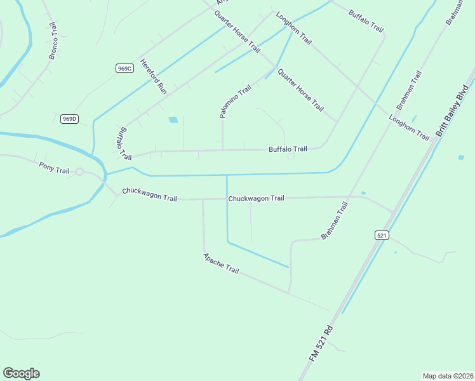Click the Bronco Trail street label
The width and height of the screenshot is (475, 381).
(53, 42)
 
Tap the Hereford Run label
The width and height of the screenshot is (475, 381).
(153, 77)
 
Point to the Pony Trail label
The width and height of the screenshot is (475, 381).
(54, 170)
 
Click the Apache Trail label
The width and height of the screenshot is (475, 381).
(220, 264)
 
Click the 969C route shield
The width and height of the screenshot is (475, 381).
(124, 68)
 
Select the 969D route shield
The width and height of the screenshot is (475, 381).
(69, 119)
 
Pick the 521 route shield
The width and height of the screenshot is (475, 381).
(381, 235)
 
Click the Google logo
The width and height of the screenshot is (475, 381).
(21, 373)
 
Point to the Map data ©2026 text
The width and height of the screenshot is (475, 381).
(447, 375)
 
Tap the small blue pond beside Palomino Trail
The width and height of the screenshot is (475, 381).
(173, 119)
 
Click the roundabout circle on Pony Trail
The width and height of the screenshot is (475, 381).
(80, 171)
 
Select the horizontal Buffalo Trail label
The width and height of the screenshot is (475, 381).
(288, 149)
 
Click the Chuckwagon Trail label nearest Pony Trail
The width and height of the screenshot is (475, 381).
(149, 194)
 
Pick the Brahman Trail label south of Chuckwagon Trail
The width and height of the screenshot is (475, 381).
(335, 220)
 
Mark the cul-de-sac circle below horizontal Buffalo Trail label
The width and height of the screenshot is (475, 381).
(291, 156)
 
